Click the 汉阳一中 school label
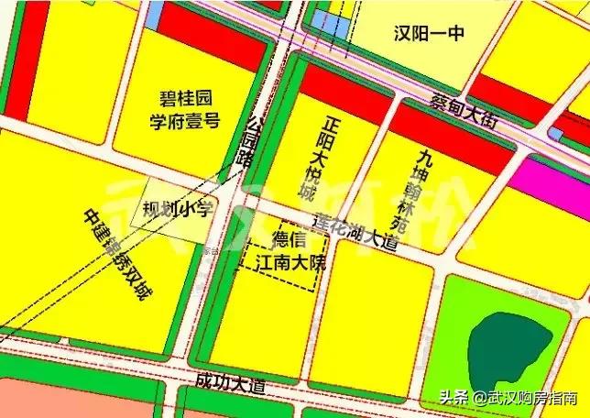(x=430, y=34)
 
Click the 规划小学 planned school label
(x=178, y=210)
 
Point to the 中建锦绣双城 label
(x=120, y=258)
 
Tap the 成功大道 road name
(x=229, y=379)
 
